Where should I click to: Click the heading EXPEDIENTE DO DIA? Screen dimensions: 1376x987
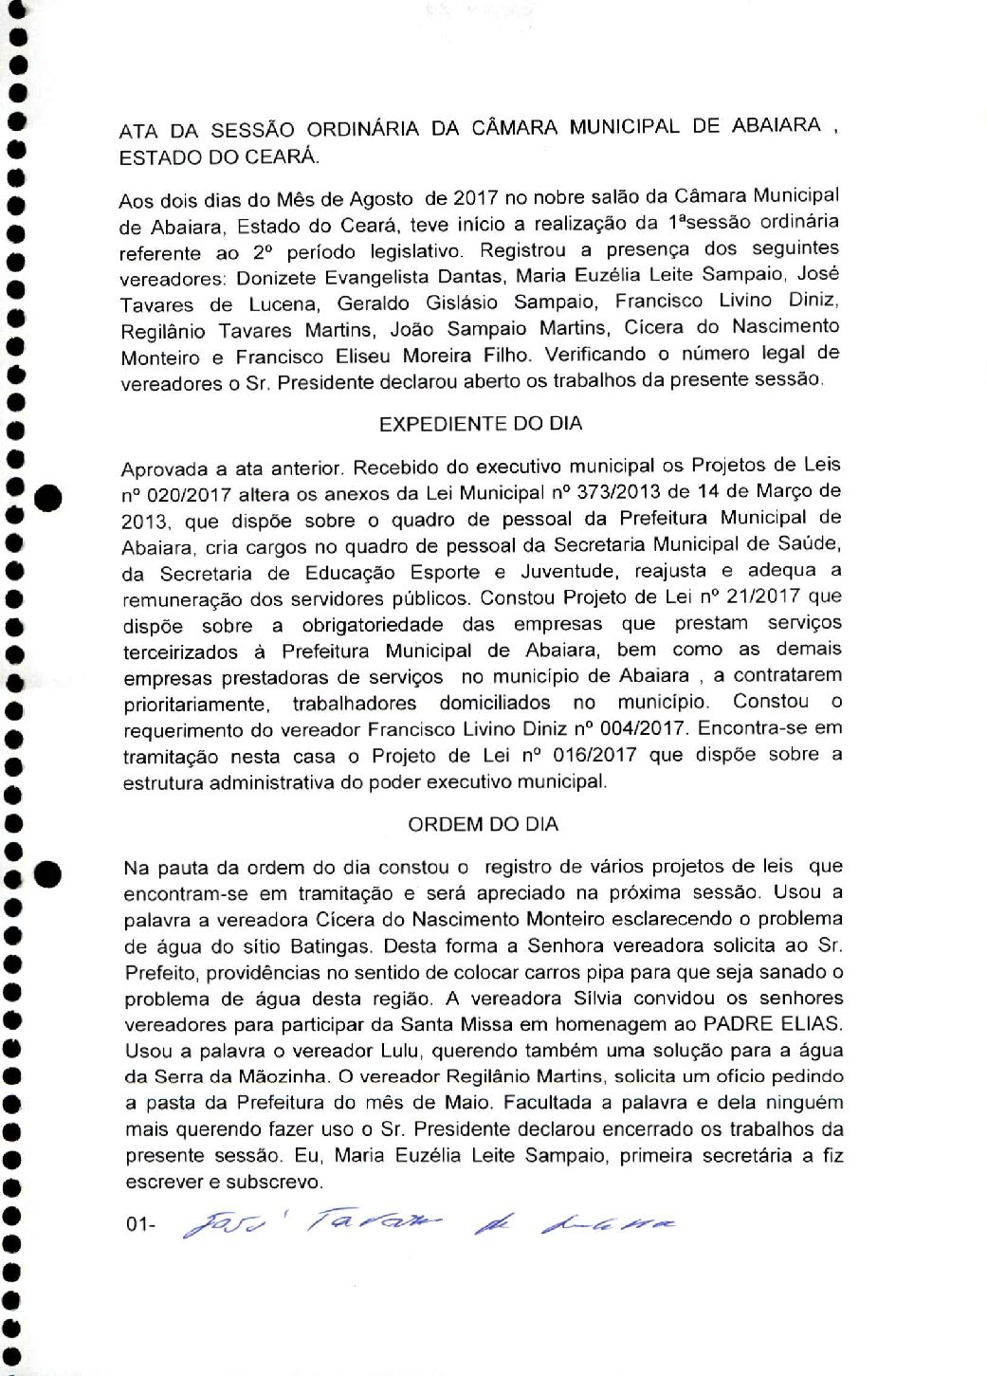(x=481, y=424)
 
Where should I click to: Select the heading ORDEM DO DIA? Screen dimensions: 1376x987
(x=483, y=824)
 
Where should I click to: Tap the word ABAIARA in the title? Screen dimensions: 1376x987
(x=777, y=126)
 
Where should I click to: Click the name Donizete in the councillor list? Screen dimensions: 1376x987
(x=277, y=278)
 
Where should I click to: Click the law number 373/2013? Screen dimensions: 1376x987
(x=616, y=492)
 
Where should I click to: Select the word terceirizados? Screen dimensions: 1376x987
(x=180, y=652)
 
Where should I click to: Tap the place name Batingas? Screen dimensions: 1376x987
(x=329, y=945)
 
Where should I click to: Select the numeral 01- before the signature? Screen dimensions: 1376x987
(x=139, y=1224)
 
